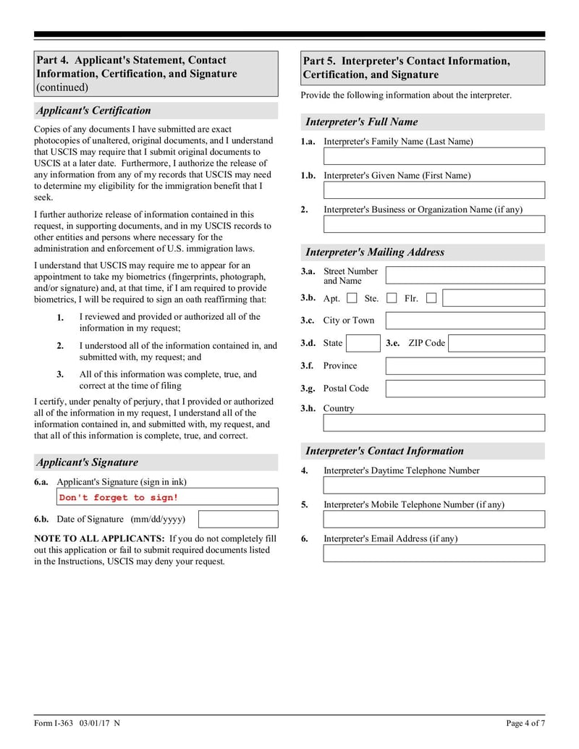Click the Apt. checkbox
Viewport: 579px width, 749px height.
pos(352,298)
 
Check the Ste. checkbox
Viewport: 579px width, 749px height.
pos(391,298)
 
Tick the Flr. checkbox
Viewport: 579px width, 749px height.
pos(431,298)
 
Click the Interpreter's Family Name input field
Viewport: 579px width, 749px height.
pos(434,156)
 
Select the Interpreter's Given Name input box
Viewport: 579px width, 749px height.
pos(434,190)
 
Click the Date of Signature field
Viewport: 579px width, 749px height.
pos(237,519)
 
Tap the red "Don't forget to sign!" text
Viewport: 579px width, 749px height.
pos(119,497)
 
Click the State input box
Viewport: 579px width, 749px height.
pos(363,343)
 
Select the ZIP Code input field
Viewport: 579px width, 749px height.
pos(496,343)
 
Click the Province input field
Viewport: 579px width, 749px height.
pos(465,366)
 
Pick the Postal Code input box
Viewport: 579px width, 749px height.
pos(465,389)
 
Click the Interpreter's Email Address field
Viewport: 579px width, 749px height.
pos(434,554)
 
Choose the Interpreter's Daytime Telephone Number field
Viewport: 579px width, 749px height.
pos(434,485)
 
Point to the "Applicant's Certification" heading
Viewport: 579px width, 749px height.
pos(93,111)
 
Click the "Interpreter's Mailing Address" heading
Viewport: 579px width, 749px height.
pos(375,253)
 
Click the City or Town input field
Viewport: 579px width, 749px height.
pos(465,321)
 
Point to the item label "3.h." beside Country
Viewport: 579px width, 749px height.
pos(308,408)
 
